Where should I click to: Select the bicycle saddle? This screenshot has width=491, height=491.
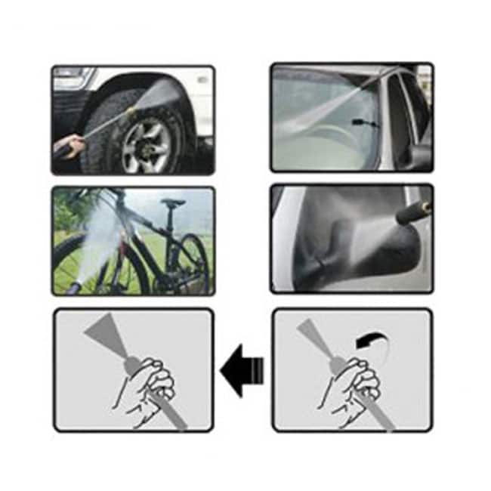click(173, 202)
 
